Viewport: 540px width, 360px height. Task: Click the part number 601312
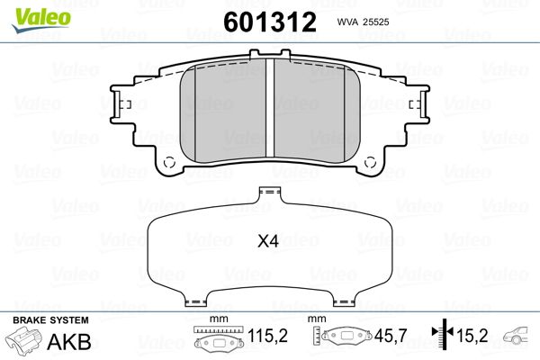tap(270, 22)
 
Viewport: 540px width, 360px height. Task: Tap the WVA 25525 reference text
tap(363, 22)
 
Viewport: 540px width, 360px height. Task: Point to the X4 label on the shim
tap(268, 241)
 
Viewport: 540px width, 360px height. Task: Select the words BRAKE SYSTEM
tap(50, 320)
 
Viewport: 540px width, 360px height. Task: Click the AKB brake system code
tap(69, 341)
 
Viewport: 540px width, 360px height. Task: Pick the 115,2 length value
tap(267, 336)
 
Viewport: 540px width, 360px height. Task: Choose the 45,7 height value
tap(391, 336)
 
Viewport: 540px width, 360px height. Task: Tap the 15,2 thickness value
tap(472, 336)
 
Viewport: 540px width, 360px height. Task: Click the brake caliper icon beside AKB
tap(23, 339)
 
